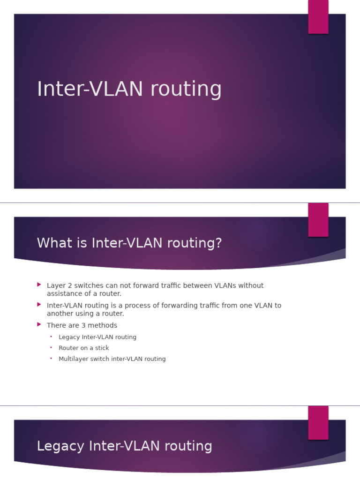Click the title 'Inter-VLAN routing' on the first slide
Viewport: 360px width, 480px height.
[129, 89]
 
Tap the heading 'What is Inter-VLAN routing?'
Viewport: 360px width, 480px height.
[129, 243]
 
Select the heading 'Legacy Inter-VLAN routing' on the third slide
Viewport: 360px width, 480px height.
[124, 446]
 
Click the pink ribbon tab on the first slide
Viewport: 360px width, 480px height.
[318, 17]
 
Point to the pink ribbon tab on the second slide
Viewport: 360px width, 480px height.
[318, 220]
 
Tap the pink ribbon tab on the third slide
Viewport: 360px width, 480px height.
[318, 422]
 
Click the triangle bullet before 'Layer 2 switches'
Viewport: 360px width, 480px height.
[39, 285]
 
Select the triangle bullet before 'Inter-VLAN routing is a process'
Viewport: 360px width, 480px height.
[39, 304]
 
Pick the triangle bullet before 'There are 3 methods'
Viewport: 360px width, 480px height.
[39, 324]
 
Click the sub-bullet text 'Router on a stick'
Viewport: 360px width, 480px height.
[83, 348]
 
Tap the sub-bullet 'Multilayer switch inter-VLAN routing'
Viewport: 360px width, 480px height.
[112, 359]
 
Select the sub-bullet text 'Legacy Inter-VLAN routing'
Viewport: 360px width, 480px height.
[97, 337]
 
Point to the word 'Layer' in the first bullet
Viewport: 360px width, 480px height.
[56, 285]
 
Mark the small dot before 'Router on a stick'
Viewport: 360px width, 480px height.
[51, 348]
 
